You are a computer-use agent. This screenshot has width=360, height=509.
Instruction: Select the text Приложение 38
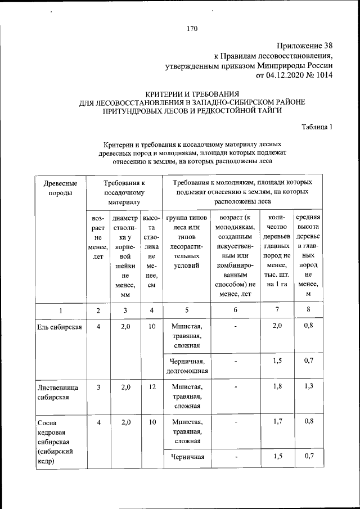click(x=305, y=46)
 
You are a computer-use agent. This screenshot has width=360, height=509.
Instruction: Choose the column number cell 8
click(x=308, y=310)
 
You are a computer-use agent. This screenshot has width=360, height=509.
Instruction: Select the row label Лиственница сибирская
click(x=56, y=392)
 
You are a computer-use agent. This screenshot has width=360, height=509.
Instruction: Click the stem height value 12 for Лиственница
click(x=151, y=388)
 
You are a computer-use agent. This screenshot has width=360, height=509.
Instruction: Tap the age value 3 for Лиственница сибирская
click(x=98, y=388)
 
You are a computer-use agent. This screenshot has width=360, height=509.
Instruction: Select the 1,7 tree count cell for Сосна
click(x=276, y=421)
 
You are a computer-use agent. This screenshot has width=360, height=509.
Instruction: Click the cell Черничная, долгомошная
click(x=187, y=366)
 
